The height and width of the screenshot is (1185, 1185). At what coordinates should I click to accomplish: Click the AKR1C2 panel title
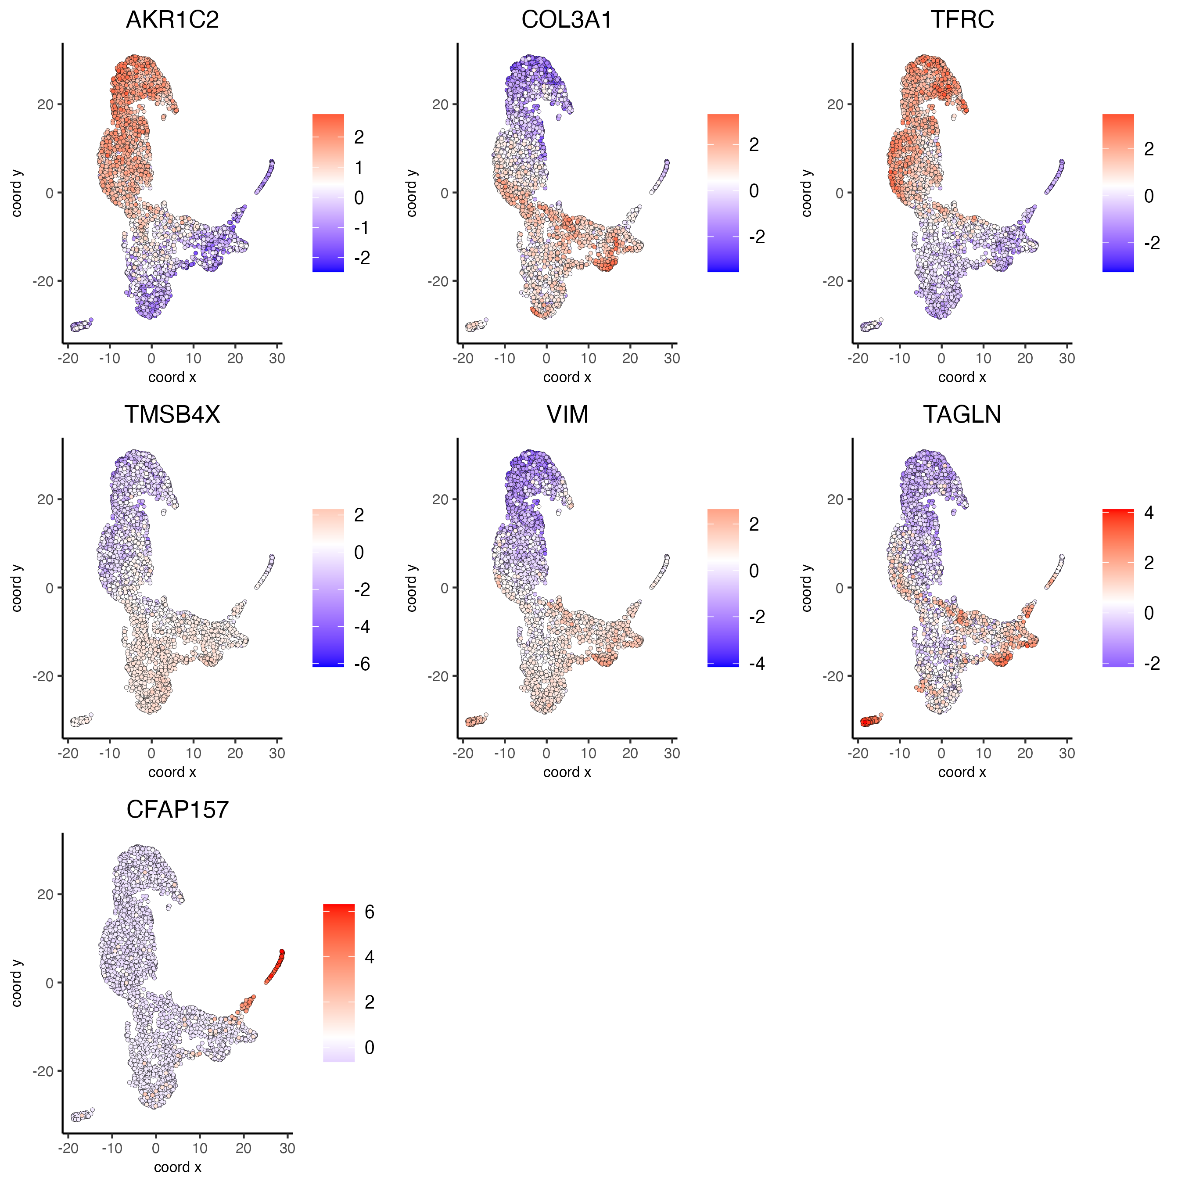click(172, 20)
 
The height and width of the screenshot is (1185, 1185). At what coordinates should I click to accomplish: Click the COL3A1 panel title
click(567, 20)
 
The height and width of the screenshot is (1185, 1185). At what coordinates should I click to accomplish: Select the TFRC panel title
click(962, 20)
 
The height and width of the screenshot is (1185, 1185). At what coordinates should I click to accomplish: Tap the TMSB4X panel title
click(172, 415)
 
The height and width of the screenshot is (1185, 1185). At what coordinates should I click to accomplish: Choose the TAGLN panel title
click(962, 415)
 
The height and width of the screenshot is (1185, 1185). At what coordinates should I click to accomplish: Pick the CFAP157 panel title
click(177, 810)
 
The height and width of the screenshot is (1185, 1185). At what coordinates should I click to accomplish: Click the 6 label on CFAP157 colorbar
click(369, 912)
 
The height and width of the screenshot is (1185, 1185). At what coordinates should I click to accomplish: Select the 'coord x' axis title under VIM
click(567, 772)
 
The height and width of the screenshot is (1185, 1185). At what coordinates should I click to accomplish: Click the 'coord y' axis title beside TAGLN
click(807, 588)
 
